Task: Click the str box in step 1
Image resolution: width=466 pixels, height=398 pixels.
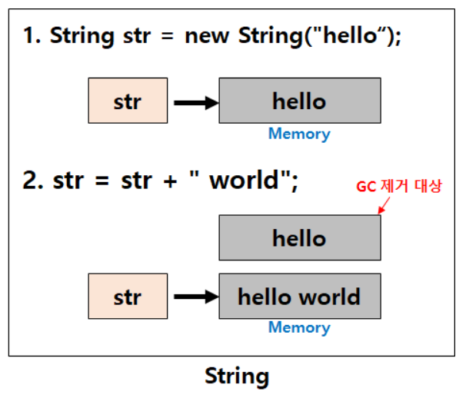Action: coord(128,101)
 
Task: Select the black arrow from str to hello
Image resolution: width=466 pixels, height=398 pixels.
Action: coord(196,101)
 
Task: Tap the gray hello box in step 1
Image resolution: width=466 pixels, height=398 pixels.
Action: coord(299,101)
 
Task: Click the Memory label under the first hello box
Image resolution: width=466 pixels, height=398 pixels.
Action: coord(299,134)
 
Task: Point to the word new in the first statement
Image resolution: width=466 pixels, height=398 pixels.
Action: coord(207,37)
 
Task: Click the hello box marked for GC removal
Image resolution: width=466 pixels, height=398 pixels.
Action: coord(299,238)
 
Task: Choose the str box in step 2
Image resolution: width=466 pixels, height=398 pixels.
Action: coord(128,297)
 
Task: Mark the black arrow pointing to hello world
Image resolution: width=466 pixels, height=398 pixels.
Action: coord(196,297)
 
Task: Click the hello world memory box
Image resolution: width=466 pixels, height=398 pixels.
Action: coord(299,297)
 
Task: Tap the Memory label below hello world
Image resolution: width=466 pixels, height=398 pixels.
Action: coord(299,328)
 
